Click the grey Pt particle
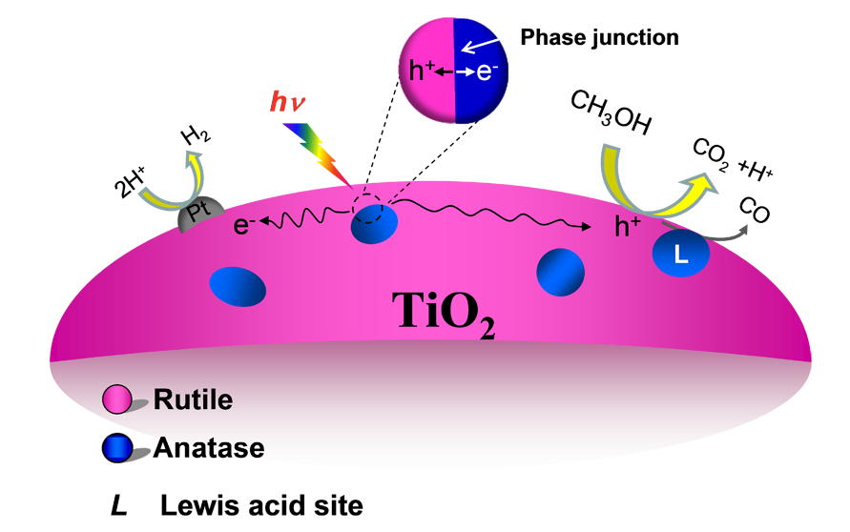click(x=200, y=213)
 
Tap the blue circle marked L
click(x=680, y=253)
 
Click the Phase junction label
click(x=599, y=37)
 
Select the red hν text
click(x=287, y=101)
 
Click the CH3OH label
click(x=611, y=113)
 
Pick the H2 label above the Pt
click(x=196, y=134)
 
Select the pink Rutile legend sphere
click(x=117, y=399)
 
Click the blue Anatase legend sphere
click(x=117, y=448)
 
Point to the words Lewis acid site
click(x=261, y=505)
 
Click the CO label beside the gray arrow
click(x=755, y=210)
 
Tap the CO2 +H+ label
click(x=733, y=161)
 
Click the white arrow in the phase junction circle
click(x=480, y=46)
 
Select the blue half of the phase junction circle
click(x=481, y=71)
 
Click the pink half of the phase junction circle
click(x=426, y=71)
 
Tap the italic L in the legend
click(x=118, y=505)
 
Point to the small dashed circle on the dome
click(x=367, y=208)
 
